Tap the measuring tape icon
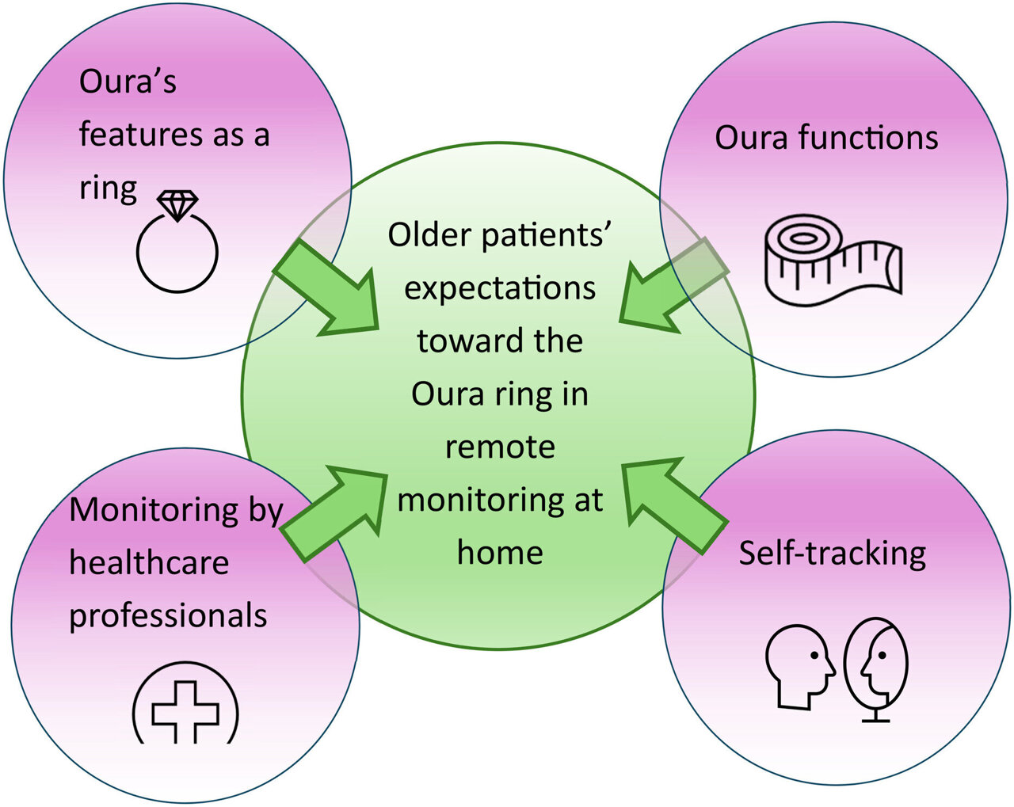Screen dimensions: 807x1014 point(833,261)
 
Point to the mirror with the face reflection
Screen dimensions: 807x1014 point(876,665)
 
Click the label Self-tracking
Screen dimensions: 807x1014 point(832,553)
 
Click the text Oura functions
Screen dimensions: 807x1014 point(826,138)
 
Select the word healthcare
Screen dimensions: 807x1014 point(149,563)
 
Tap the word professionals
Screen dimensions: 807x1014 point(168,616)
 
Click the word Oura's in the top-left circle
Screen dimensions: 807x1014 point(128,82)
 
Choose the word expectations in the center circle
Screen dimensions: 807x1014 point(500,288)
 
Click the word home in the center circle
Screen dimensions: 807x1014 point(500,553)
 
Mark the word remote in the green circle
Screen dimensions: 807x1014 point(500,447)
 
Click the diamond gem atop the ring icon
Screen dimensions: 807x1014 point(177,204)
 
